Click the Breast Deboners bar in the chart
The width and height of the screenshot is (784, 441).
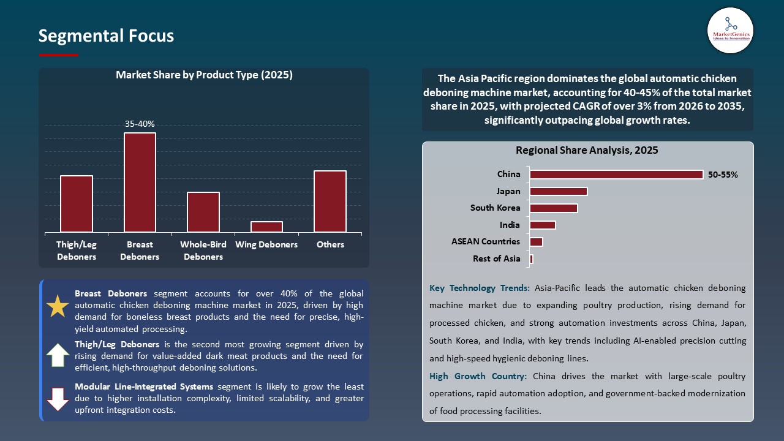[140, 183]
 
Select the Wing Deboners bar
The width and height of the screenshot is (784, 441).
[266, 227]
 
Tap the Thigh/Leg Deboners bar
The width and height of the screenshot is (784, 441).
[77, 204]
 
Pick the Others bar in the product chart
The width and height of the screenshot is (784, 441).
[330, 202]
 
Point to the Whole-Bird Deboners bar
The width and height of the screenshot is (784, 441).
[203, 212]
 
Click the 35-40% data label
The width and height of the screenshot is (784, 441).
[140, 124]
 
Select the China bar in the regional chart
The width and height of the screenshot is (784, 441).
[616, 175]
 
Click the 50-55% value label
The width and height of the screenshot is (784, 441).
[723, 175]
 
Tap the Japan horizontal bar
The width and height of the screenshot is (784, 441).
[559, 191]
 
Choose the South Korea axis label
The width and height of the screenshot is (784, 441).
[495, 208]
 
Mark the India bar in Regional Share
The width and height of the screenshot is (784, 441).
[543, 225]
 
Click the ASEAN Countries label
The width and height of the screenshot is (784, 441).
[486, 241]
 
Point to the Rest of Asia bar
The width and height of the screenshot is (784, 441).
[532, 258]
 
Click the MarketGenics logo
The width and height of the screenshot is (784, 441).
[730, 29]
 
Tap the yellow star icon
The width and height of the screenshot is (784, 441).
[58, 306]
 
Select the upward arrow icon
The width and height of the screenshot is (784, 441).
[58, 355]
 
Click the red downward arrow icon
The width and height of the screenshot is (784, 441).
[58, 399]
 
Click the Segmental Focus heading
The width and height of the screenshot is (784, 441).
[106, 36]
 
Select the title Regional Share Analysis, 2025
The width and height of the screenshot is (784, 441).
[587, 150]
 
